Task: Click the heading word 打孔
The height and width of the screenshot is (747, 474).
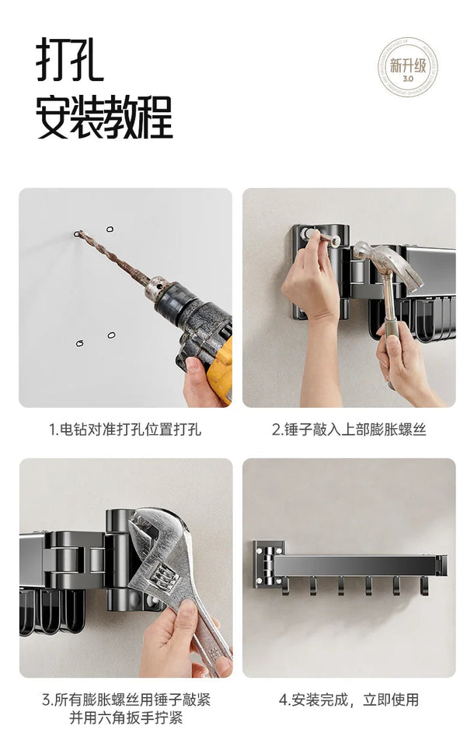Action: (x=70, y=60)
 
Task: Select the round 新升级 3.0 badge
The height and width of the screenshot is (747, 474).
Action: (x=407, y=66)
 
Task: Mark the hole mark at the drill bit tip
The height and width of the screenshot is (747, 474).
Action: (x=78, y=233)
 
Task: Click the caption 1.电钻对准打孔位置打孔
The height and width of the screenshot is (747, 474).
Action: (x=125, y=430)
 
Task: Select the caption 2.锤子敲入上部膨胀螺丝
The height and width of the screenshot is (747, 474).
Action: (x=349, y=430)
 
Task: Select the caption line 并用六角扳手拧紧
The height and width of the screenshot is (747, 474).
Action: (x=126, y=717)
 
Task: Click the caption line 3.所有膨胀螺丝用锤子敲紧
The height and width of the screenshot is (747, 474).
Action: (x=126, y=699)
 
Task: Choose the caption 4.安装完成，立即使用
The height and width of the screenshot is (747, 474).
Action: (x=349, y=699)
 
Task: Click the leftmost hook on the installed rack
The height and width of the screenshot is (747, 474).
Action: (x=285, y=586)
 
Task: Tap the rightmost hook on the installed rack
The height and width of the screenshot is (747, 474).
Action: (x=424, y=586)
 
